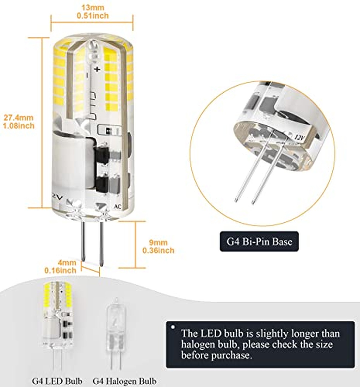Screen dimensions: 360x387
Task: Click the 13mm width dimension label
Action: click(93, 7)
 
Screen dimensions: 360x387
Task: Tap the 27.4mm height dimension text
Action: click(19, 118)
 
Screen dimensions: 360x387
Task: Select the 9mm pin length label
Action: click(158, 243)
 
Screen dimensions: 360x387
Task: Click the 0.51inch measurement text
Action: click(93, 16)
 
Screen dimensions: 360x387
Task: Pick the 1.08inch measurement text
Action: click(19, 126)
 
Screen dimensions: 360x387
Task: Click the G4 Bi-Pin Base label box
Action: click(259, 241)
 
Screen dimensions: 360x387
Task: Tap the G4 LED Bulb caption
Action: click(57, 381)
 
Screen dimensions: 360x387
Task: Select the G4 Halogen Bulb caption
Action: click(124, 381)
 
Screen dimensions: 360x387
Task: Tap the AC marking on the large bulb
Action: click(118, 207)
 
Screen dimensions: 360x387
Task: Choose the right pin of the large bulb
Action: click(101, 244)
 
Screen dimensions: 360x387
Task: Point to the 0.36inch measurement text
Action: click(158, 250)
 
